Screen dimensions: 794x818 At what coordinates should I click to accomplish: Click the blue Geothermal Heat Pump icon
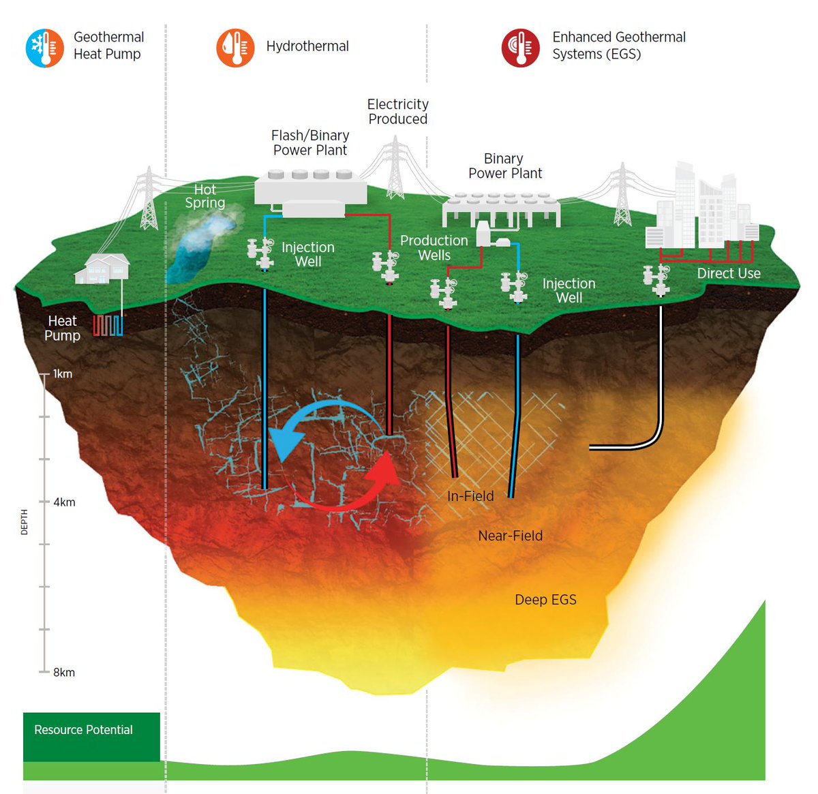45,48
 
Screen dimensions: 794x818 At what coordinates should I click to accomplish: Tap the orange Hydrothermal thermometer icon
235,48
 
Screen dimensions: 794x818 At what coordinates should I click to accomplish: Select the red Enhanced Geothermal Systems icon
520,48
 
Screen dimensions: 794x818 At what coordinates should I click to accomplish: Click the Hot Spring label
204,196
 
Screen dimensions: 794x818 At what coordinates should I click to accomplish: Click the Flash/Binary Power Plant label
310,142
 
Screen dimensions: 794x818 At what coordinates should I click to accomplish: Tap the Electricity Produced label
398,111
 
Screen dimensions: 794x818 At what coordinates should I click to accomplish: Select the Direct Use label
728,273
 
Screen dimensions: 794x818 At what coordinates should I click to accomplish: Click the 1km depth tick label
63,373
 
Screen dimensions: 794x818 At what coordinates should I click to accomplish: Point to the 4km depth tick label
64,502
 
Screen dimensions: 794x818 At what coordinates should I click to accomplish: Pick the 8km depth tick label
64,672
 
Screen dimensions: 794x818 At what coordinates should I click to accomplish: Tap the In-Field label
470,496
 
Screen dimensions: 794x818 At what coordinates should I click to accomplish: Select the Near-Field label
511,536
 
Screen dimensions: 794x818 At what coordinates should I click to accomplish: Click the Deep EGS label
545,600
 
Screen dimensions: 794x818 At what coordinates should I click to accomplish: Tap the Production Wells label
434,248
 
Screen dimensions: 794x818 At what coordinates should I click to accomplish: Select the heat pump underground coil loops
108,325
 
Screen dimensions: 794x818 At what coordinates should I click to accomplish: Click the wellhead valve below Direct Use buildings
657,280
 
